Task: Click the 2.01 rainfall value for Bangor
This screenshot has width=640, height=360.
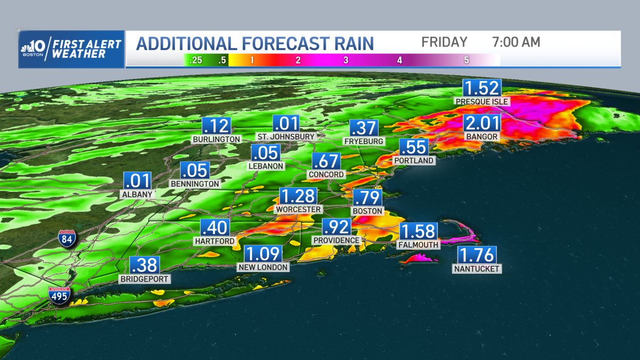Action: [x=482, y=124]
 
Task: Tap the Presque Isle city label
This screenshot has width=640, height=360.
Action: [x=482, y=101]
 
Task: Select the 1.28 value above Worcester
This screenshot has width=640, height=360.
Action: [x=298, y=196]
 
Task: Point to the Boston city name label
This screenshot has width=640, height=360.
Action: [x=367, y=211]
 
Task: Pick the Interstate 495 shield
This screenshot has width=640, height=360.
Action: [x=59, y=295]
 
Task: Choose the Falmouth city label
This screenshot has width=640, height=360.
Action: [x=418, y=244]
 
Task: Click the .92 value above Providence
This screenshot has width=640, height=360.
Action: [x=337, y=227]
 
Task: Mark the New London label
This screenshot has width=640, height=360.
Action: [x=263, y=267]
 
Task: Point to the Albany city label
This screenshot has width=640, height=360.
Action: [x=137, y=194]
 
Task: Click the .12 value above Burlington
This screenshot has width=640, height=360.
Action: [x=217, y=126]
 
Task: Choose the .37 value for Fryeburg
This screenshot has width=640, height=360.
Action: [x=364, y=129]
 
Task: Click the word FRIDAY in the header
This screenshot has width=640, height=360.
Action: [x=444, y=42]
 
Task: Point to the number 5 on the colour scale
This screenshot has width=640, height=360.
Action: [x=467, y=60]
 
